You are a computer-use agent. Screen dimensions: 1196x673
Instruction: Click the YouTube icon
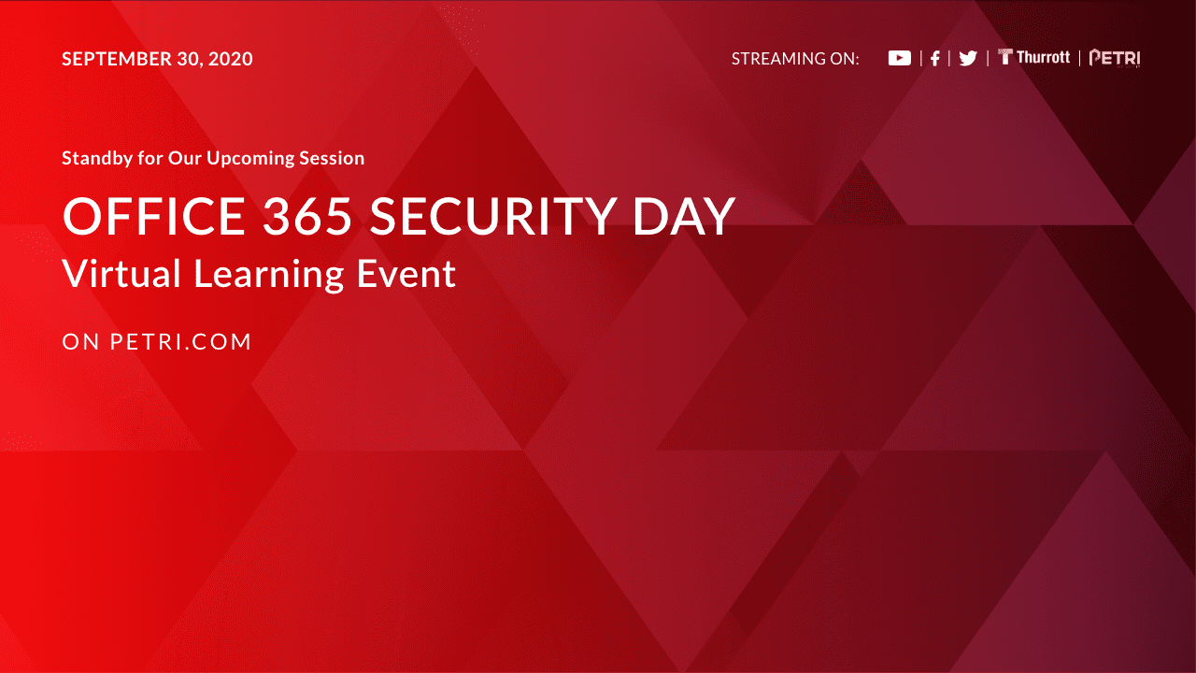(900, 58)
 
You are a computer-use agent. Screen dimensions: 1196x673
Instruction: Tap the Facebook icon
(935, 58)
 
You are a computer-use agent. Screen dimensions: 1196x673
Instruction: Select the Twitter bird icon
(968, 58)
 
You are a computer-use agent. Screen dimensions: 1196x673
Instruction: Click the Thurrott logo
(1033, 57)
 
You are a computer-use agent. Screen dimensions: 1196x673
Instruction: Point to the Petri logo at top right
(1115, 58)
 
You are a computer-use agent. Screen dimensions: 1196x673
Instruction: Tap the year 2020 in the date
(230, 59)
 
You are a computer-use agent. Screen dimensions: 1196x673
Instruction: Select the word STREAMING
(778, 58)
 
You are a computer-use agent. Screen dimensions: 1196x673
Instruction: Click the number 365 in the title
(307, 216)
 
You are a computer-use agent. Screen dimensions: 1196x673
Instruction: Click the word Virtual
(121, 274)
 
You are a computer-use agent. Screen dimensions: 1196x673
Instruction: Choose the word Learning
(268, 275)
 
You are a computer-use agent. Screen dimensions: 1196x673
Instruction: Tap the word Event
(406, 274)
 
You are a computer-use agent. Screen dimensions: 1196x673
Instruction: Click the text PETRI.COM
(180, 342)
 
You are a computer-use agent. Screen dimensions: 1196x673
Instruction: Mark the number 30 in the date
(189, 59)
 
